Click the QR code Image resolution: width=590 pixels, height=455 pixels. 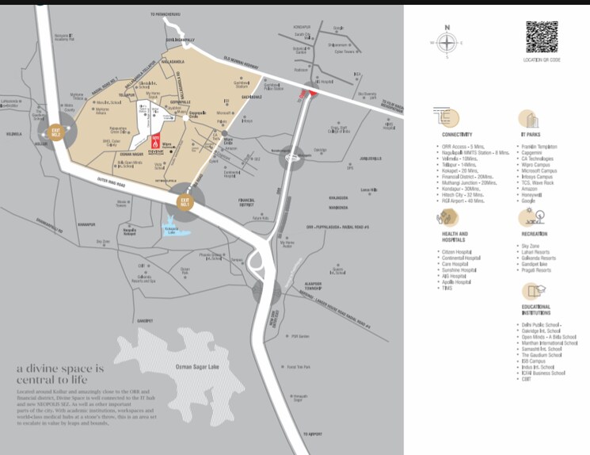[542, 36]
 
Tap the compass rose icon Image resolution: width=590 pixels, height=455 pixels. [447, 43]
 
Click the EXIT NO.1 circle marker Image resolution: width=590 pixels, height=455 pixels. [185, 199]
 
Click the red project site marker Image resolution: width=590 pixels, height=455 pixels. [156, 140]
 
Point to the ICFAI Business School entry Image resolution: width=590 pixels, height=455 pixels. [542, 373]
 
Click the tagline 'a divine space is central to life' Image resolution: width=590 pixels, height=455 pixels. [60, 374]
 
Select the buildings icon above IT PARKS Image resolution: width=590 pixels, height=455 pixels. [528, 119]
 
